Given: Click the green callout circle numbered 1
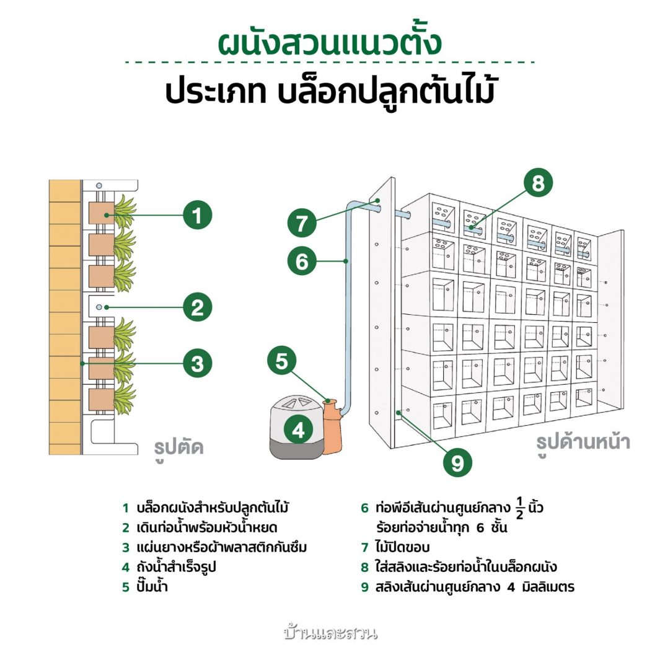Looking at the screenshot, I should click(x=197, y=216).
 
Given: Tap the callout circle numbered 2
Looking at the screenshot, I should click(x=197, y=307).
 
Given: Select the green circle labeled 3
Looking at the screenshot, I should click(x=197, y=363).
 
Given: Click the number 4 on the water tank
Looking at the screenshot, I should click(x=298, y=429).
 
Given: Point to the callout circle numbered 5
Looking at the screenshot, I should click(x=282, y=361).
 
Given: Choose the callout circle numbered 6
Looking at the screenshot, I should click(x=302, y=262).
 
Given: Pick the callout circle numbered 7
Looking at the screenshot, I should click(x=302, y=222).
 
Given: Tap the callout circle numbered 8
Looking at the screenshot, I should click(x=537, y=183).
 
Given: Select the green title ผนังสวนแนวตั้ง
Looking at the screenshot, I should click(x=330, y=44).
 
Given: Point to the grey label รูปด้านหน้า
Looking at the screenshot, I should click(x=583, y=442).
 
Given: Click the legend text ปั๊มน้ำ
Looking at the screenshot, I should click(x=152, y=586).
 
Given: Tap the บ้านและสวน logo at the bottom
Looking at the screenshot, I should click(x=330, y=633).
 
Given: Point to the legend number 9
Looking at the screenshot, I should click(x=365, y=586).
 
